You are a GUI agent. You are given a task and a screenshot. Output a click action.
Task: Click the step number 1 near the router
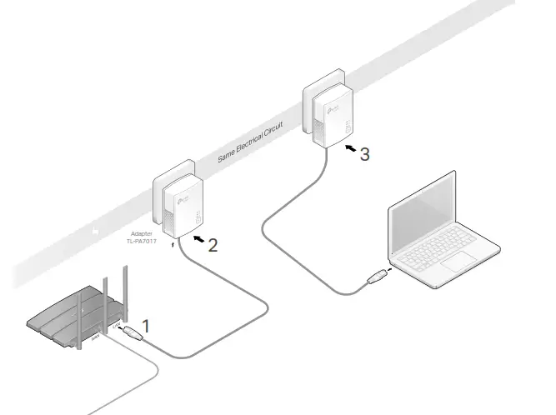point(147,327)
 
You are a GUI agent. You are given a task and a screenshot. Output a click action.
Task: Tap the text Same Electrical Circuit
point(249,142)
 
